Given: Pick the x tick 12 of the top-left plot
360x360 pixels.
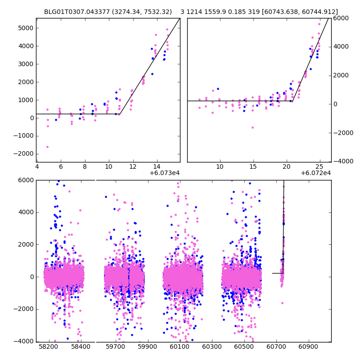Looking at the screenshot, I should click(133, 166).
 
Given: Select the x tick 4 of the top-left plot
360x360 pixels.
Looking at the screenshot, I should click(37, 166).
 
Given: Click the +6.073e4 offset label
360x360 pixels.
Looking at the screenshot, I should click(165, 173).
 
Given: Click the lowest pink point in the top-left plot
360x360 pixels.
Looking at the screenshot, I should click(47, 147).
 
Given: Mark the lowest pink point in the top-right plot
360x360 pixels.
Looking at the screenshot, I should click(252, 127).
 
